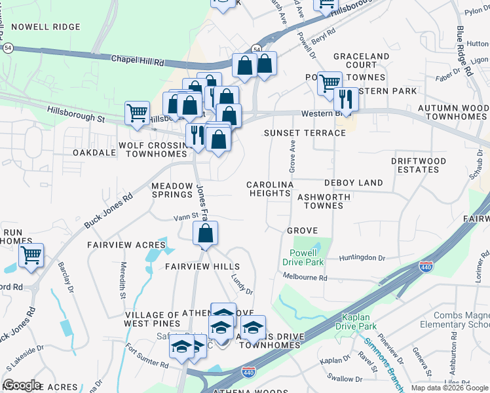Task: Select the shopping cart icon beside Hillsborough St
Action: tap(137, 113)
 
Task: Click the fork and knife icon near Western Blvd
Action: tap(345, 99)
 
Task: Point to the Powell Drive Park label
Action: tap(303, 257)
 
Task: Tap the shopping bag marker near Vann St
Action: tap(205, 233)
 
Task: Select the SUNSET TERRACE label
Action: tap(305, 133)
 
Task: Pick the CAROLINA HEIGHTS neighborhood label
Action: tap(269, 189)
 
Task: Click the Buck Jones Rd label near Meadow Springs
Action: tap(109, 210)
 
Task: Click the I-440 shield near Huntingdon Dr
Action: tap(426, 267)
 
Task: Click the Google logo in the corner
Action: tap(22, 385)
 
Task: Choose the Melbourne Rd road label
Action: tap(306, 278)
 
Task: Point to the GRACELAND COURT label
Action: tap(355, 61)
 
